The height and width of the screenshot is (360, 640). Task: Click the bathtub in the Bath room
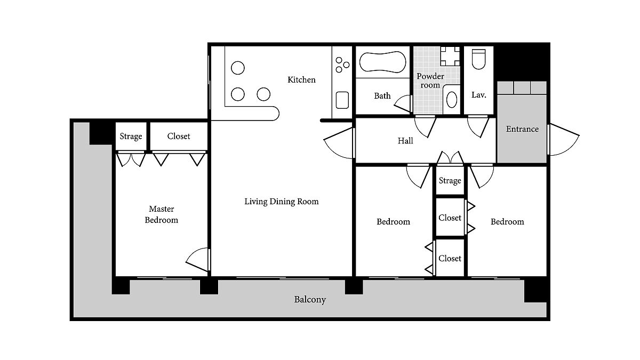pyautogui.click(x=382, y=62)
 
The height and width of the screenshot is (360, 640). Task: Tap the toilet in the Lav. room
pyautogui.click(x=478, y=59)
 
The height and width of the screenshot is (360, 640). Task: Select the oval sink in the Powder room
pyautogui.click(x=451, y=99)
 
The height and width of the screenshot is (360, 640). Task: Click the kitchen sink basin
pyautogui.click(x=342, y=100)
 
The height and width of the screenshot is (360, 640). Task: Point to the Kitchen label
pyautogui.click(x=301, y=79)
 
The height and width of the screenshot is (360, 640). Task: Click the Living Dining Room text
pyautogui.click(x=282, y=202)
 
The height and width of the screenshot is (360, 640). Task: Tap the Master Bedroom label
pyautogui.click(x=162, y=214)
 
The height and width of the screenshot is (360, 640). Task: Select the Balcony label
pyautogui.click(x=310, y=299)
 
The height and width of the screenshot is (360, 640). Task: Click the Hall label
pyautogui.click(x=405, y=141)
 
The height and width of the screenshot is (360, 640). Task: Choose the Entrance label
pyautogui.click(x=522, y=129)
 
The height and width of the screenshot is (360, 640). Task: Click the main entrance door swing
pyautogui.click(x=563, y=140)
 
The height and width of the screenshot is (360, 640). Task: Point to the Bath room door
pyautogui.click(x=403, y=103)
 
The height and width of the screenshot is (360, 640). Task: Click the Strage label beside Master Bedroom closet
pyautogui.click(x=131, y=137)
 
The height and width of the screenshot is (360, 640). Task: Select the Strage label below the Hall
pyautogui.click(x=450, y=181)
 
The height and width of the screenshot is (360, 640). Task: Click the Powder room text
pyautogui.click(x=430, y=81)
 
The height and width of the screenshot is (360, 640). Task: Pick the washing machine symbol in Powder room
pyautogui.click(x=450, y=57)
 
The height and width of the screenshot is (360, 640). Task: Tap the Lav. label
pyautogui.click(x=478, y=95)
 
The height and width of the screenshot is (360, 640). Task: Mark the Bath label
pyautogui.click(x=382, y=95)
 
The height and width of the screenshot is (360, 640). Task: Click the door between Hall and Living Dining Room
pyautogui.click(x=339, y=143)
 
